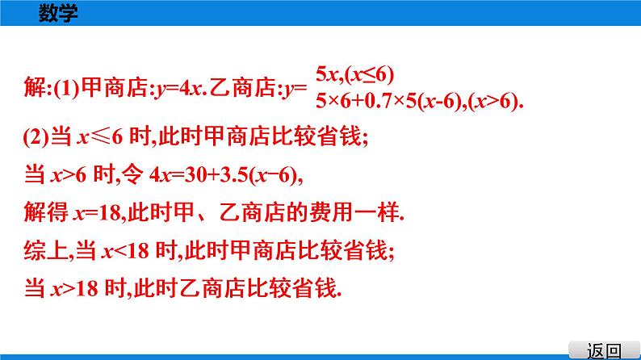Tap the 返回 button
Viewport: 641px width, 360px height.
coord(605,350)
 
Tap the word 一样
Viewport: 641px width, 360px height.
coord(381,213)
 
